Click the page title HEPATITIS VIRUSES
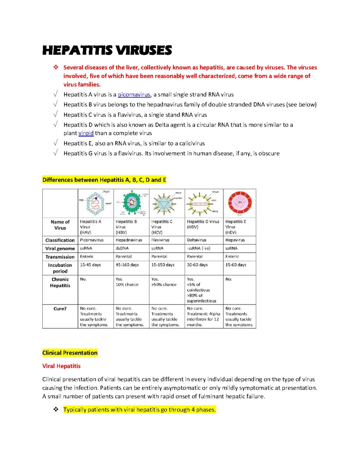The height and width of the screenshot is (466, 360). (x=107, y=50)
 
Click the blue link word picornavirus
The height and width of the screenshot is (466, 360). (x=134, y=94)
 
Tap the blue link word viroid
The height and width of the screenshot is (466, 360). (x=86, y=133)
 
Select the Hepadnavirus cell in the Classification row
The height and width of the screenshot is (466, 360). (x=129, y=240)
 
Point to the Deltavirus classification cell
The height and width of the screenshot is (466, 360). (x=197, y=240)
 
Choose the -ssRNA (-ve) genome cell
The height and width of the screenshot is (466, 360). (x=199, y=248)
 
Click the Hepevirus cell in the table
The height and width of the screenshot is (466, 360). (x=235, y=240)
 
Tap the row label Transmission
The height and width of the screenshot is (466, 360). (x=60, y=257)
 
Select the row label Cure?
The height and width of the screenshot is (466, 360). (x=60, y=309)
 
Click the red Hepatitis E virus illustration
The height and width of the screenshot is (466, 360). (x=240, y=203)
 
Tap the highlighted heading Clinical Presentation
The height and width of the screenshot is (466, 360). (x=70, y=353)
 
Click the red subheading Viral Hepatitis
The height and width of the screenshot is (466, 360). (x=61, y=366)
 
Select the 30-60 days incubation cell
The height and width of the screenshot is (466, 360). (x=197, y=265)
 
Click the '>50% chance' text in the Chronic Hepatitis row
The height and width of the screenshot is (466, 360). (x=164, y=285)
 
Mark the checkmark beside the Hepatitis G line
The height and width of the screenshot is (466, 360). (x=56, y=153)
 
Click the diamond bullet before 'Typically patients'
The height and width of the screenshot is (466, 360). (x=56, y=410)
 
